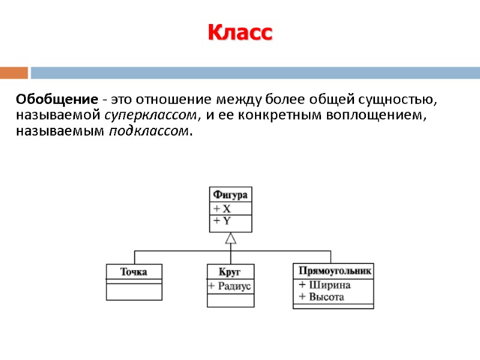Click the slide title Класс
[240, 32]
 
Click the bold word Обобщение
[56, 99]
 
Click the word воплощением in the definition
[375, 115]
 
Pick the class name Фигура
[230, 194]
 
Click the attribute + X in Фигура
[222, 209]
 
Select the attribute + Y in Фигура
[222, 221]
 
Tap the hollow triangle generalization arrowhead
[230, 238]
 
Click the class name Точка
[134, 271]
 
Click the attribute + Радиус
[230, 286]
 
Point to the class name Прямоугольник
[333, 271]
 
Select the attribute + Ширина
[324, 285]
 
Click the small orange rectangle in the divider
[14, 73]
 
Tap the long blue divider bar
[255, 73]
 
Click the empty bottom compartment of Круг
[230, 299]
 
